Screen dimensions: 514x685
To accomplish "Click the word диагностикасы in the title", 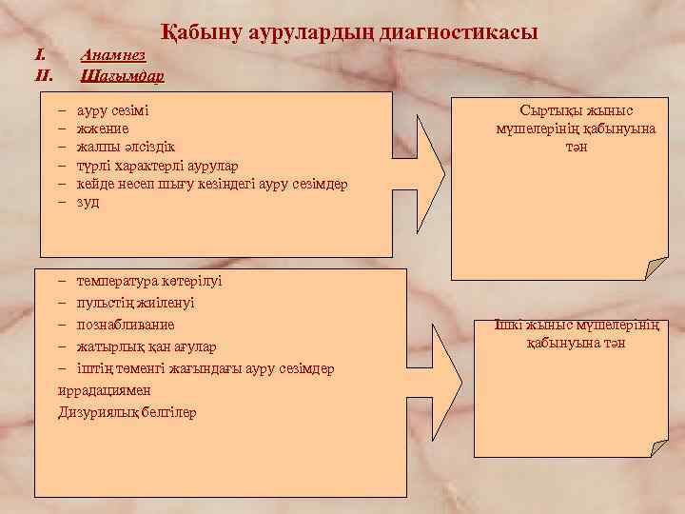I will point(458,32).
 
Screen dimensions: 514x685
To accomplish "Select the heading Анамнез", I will point(112,56).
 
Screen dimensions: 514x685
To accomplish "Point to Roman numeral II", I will point(42,74).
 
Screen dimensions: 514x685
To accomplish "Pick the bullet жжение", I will point(104,128).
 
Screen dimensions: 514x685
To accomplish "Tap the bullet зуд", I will point(88,202).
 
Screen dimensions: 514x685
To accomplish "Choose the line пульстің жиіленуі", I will point(135,304).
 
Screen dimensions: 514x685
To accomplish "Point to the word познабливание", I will point(126,326).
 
